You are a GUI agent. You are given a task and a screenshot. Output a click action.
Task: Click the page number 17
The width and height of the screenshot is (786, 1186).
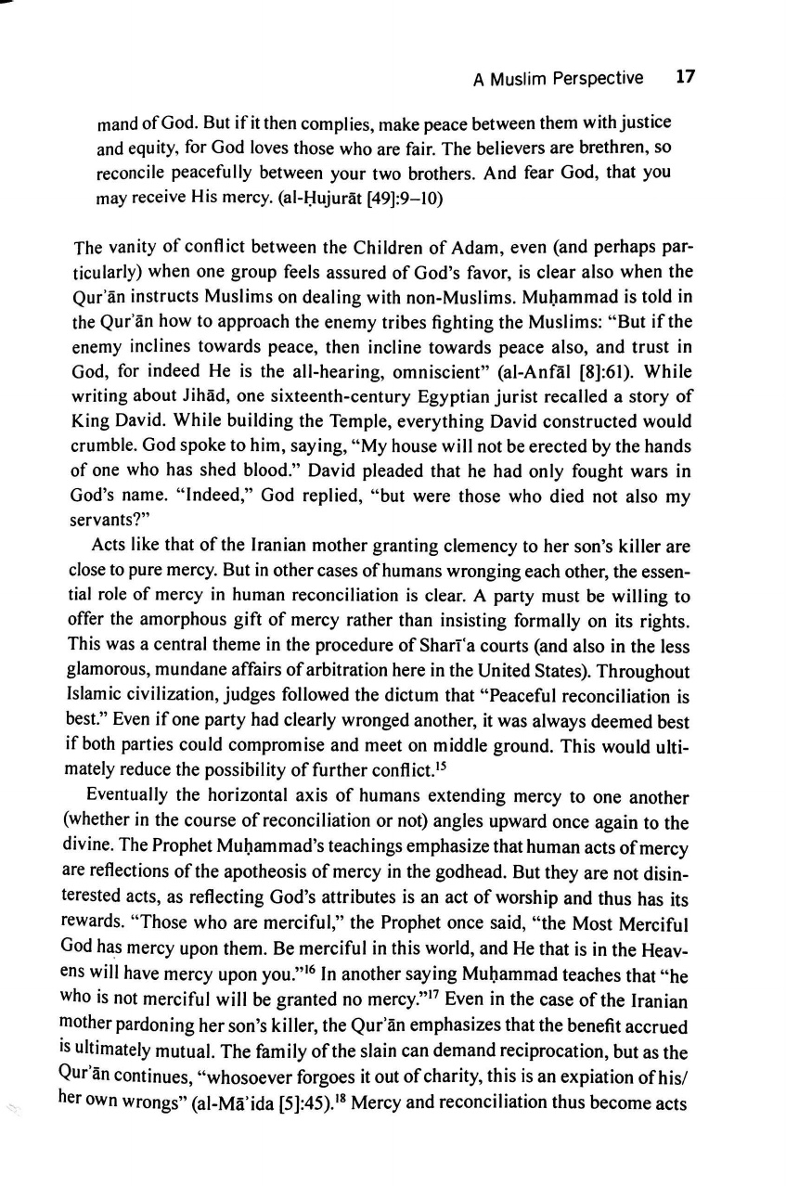686,78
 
